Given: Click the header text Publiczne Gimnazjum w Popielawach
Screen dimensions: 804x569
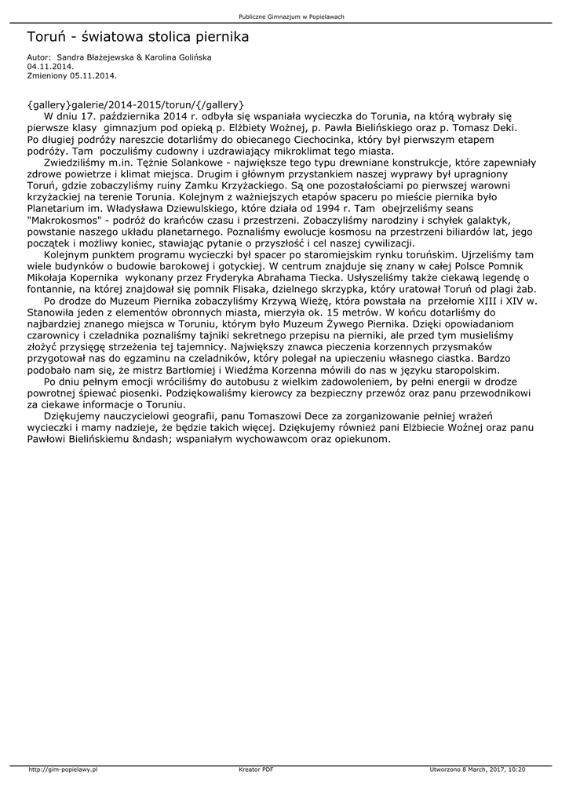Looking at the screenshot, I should click(x=291, y=16).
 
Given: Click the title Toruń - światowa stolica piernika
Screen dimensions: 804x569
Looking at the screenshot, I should click(x=138, y=37).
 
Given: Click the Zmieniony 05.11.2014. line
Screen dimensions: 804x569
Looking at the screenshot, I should click(x=71, y=76).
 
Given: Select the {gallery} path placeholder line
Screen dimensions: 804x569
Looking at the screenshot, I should click(x=136, y=104).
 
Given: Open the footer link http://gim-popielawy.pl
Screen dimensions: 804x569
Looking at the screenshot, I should click(x=62, y=769).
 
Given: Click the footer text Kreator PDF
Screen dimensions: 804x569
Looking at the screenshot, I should click(x=256, y=769).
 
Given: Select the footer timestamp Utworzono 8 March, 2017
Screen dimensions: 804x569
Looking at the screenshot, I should click(x=466, y=769).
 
